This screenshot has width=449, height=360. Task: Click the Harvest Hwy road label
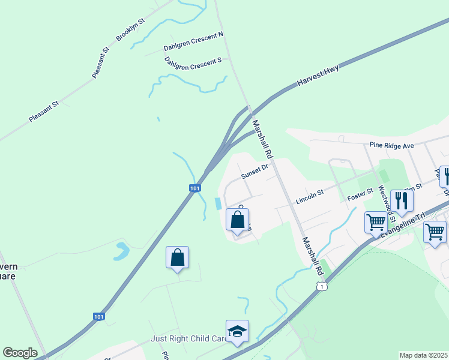click(x=318, y=76)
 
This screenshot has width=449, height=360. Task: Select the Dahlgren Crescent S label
click(x=193, y=63)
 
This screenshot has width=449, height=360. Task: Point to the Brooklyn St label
click(x=131, y=30)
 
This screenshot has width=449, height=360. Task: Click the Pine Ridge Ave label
click(x=392, y=145)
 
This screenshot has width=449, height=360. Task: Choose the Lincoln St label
click(x=310, y=196)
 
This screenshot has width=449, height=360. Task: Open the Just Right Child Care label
click(x=188, y=339)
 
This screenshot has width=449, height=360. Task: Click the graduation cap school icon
click(x=237, y=331)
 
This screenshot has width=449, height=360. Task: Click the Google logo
click(x=20, y=353)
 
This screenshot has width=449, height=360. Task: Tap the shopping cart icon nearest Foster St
click(x=376, y=222)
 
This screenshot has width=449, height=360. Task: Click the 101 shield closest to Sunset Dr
click(x=194, y=188)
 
